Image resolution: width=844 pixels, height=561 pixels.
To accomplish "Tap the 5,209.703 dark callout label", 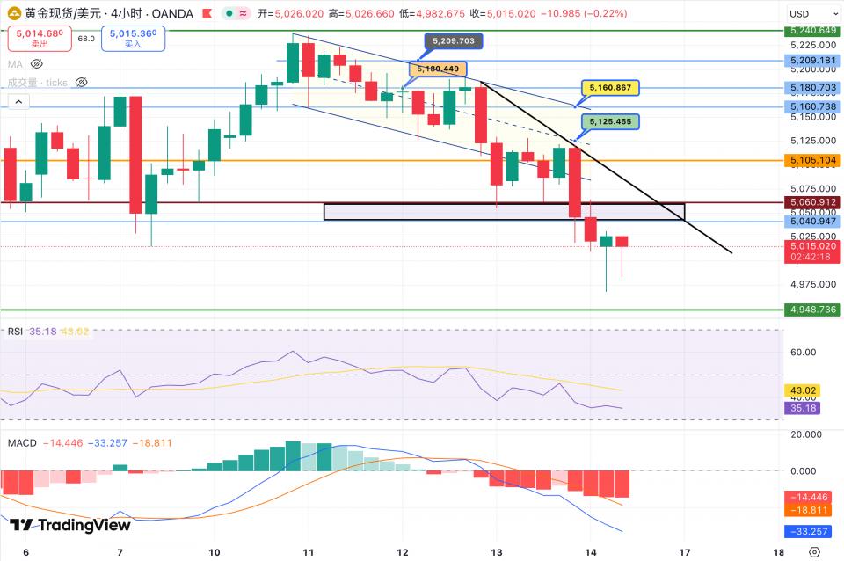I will tap(454, 40).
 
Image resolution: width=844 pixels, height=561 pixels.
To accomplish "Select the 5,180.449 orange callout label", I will tap(438, 69).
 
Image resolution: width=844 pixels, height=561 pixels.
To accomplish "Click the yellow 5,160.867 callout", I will tap(610, 88).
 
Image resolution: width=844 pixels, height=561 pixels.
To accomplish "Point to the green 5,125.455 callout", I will tap(610, 121).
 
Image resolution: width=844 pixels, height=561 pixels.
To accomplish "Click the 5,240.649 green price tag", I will tap(811, 31).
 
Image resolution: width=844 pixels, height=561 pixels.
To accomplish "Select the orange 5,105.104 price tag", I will tap(811, 161).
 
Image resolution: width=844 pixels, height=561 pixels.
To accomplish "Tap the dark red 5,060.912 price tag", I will tap(811, 202).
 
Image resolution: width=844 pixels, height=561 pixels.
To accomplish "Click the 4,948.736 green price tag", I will tap(811, 310).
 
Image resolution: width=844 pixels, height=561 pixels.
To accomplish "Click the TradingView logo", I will tap(70, 525).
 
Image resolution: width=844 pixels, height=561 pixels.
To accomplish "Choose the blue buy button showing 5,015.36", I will tap(133, 38).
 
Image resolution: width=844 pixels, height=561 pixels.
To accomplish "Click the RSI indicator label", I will tap(15, 331).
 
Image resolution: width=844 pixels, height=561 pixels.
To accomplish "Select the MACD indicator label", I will tap(22, 442).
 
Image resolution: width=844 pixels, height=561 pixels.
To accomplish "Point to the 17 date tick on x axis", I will tap(685, 551).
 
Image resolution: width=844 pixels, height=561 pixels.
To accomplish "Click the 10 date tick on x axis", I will tap(215, 551).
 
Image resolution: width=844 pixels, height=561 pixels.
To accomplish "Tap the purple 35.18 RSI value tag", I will tap(802, 408).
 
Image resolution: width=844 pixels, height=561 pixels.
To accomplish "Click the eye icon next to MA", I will tap(37, 64).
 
